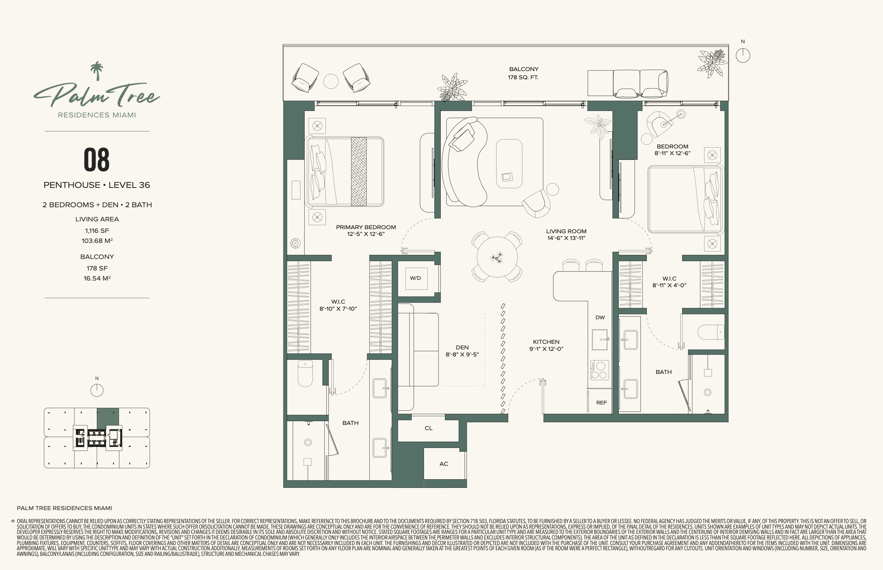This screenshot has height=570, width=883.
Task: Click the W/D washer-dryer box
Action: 415,278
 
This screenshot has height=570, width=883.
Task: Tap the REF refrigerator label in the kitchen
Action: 601,403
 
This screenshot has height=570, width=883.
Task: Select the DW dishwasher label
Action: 600,317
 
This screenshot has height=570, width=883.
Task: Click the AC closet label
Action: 444,464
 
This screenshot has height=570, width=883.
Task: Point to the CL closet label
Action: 428,428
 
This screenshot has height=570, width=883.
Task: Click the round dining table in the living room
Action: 497,257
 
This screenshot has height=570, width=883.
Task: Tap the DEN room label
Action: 462,348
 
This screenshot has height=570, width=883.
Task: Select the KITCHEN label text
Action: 546,342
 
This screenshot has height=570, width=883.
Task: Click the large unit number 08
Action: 97,160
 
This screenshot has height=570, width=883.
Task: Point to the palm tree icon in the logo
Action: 97,71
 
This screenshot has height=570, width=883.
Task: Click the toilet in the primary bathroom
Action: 305,373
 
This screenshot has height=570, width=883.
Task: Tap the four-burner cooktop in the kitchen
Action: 599,370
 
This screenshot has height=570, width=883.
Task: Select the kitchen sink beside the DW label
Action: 600,340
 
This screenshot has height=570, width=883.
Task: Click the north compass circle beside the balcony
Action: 743,56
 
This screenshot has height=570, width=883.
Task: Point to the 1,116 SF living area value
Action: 97,231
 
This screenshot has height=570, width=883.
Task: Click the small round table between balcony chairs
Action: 331,81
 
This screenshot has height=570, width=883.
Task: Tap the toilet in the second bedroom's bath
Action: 711,332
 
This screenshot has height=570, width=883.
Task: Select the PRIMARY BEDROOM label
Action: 366,227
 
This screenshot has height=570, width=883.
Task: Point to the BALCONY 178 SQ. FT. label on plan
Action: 524,73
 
